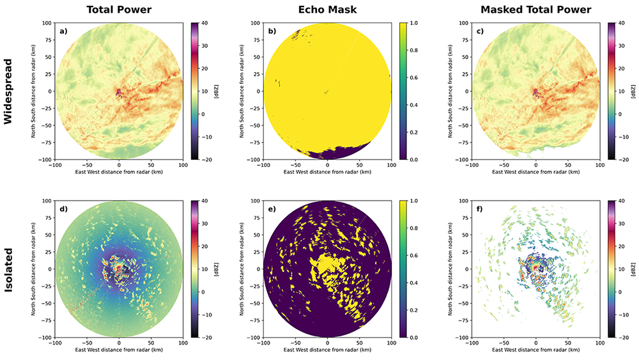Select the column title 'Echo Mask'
(x=327, y=10)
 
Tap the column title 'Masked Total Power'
(x=535, y=10)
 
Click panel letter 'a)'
(x=63, y=31)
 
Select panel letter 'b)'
(x=271, y=31)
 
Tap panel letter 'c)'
(x=480, y=31)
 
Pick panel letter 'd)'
(x=63, y=208)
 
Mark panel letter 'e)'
(x=271, y=208)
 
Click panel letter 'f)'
(x=480, y=208)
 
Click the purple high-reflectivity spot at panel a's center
(x=118, y=93)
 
